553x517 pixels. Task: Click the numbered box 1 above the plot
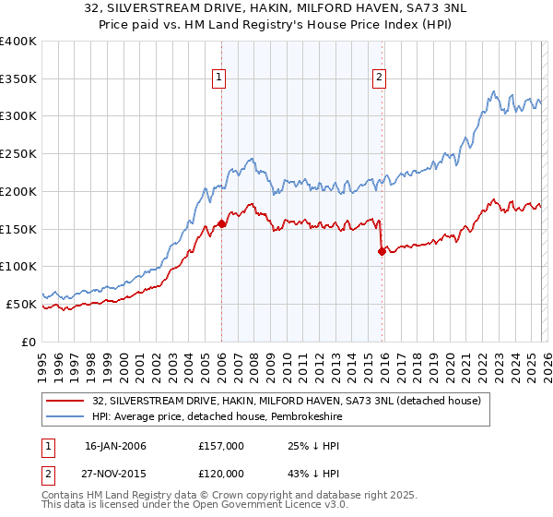pyautogui.click(x=220, y=78)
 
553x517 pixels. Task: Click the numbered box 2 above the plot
pyautogui.click(x=379, y=78)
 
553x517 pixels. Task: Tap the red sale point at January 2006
pyautogui.click(x=222, y=223)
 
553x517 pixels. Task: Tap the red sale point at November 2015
pyautogui.click(x=382, y=251)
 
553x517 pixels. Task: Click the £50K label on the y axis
pyautogui.click(x=21, y=304)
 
